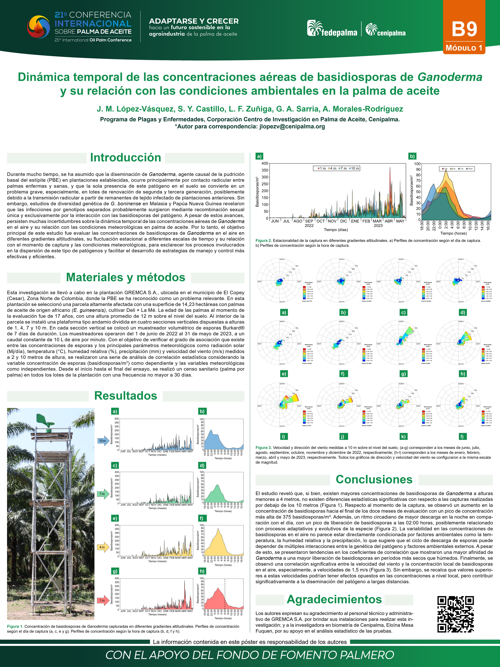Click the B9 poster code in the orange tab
(x=464, y=29)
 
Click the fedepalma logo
(x=332, y=29)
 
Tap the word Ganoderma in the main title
(x=450, y=77)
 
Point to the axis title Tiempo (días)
(x=336, y=230)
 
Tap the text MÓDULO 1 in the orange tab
(x=464, y=48)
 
